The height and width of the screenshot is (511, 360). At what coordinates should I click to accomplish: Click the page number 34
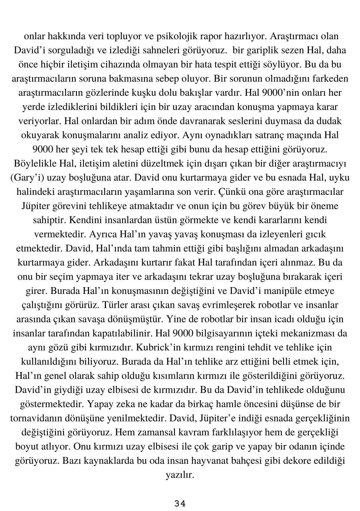tap(180, 504)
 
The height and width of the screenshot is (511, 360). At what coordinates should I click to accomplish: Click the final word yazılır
tap(180, 475)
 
